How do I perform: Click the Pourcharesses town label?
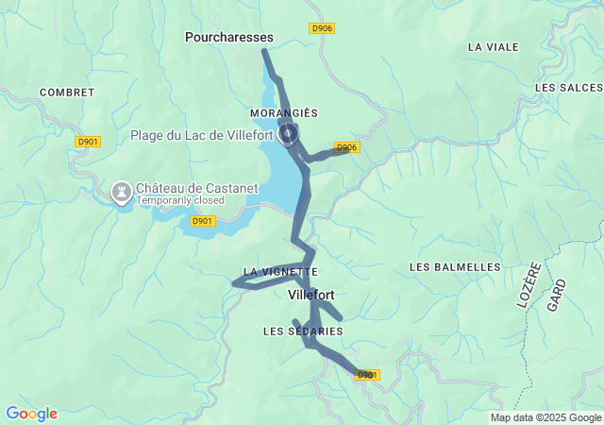[229, 37]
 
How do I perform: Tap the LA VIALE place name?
[493, 46]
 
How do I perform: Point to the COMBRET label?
[67, 93]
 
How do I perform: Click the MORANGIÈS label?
[284, 113]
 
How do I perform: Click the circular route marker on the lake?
[289, 133]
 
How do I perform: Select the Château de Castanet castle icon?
[121, 192]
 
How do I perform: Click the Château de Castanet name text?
[196, 188]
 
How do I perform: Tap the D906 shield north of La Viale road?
[322, 28]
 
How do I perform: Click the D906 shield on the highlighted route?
[346, 147]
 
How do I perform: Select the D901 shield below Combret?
[88, 142]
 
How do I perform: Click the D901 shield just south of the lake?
[203, 221]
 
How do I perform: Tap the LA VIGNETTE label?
[280, 271]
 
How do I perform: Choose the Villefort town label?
[310, 295]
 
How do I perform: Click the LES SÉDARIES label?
[303, 331]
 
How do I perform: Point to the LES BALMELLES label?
[455, 267]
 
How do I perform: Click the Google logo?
[31, 414]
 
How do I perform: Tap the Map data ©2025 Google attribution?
[545, 417]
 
